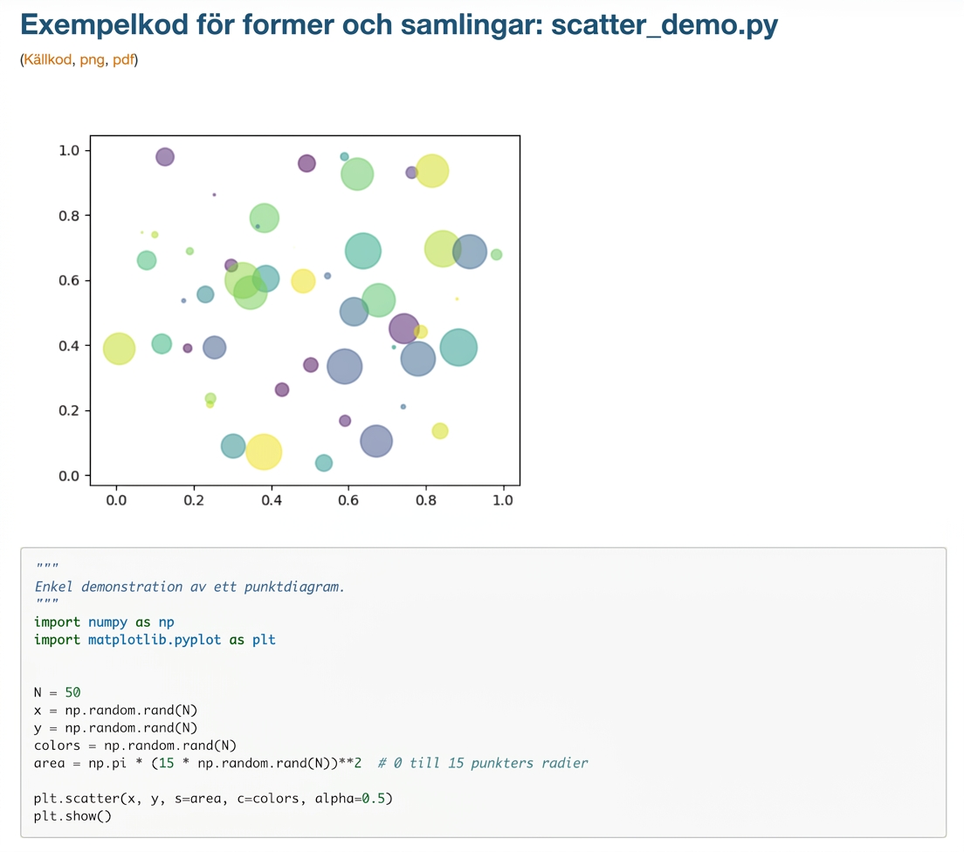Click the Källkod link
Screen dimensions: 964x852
(47, 59)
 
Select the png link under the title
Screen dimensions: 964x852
(93, 60)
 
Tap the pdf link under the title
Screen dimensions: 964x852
(124, 59)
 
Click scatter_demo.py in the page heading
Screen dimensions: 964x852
(664, 25)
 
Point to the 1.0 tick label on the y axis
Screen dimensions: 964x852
(69, 151)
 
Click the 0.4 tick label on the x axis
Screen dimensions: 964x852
(271, 500)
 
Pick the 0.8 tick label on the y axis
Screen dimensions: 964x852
(69, 216)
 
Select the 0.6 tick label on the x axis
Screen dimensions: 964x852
(348, 500)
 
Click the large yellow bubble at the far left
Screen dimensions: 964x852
(119, 348)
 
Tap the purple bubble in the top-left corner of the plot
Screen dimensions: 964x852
(165, 157)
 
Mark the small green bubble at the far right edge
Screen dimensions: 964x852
(496, 255)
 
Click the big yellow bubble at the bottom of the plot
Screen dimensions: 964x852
(264, 452)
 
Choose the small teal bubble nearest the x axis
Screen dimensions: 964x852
(324, 463)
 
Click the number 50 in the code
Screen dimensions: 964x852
(72, 693)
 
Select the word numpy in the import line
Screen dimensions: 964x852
(107, 622)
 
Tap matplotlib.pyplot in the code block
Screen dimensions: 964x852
(155, 640)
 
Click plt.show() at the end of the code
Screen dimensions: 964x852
(72, 816)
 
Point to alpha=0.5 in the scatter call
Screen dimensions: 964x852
(354, 799)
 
